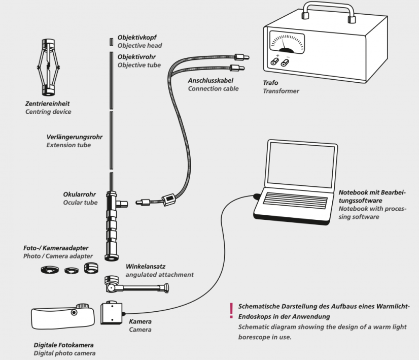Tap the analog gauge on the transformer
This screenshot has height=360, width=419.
click(x=287, y=43)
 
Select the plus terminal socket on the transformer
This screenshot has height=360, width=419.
click(x=274, y=62)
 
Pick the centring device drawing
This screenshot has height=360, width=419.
click(x=48, y=68)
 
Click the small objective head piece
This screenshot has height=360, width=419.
click(x=111, y=42)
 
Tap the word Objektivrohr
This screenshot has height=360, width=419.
click(x=136, y=57)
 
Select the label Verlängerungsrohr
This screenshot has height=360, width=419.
click(x=74, y=137)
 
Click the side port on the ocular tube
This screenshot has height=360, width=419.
click(x=122, y=204)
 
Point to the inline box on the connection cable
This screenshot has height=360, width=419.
click(x=169, y=199)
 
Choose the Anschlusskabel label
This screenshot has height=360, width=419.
click(x=211, y=81)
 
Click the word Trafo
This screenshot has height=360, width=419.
click(x=270, y=83)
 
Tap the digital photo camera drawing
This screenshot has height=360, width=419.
click(x=63, y=316)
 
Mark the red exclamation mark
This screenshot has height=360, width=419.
click(x=231, y=310)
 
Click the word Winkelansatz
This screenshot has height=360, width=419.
click(x=146, y=267)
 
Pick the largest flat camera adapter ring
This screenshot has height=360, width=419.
click(x=50, y=270)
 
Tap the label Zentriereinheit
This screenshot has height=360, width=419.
click(x=47, y=104)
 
